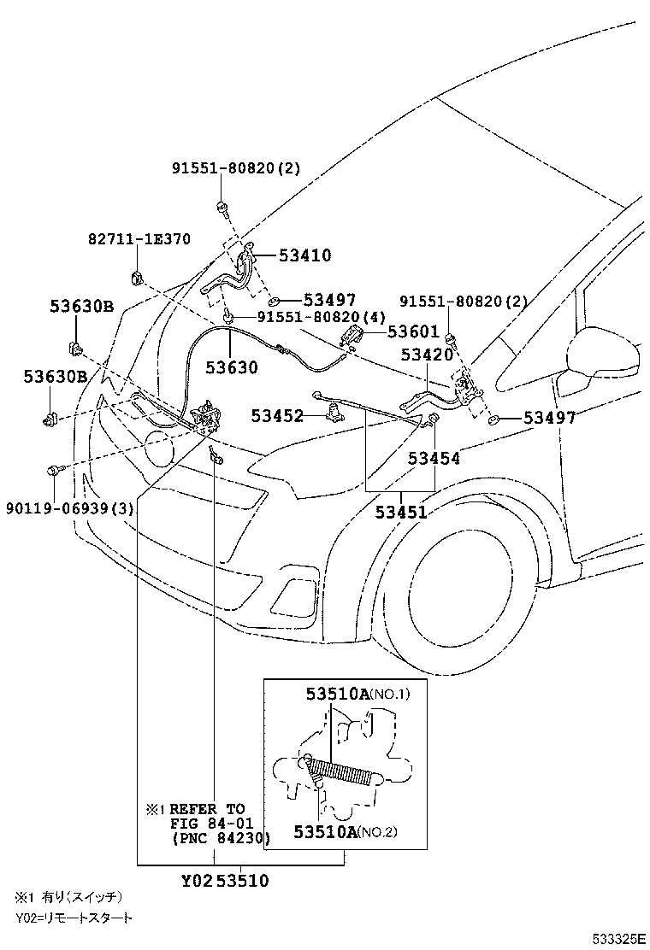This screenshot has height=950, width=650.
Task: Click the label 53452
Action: [277, 416]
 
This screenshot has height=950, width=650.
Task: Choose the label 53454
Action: [434, 459]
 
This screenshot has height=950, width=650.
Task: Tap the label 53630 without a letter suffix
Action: [231, 367]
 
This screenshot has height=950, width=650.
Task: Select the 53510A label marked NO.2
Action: [324, 831]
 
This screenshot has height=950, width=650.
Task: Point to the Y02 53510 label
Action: [226, 881]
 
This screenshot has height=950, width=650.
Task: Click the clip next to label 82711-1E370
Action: [137, 278]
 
